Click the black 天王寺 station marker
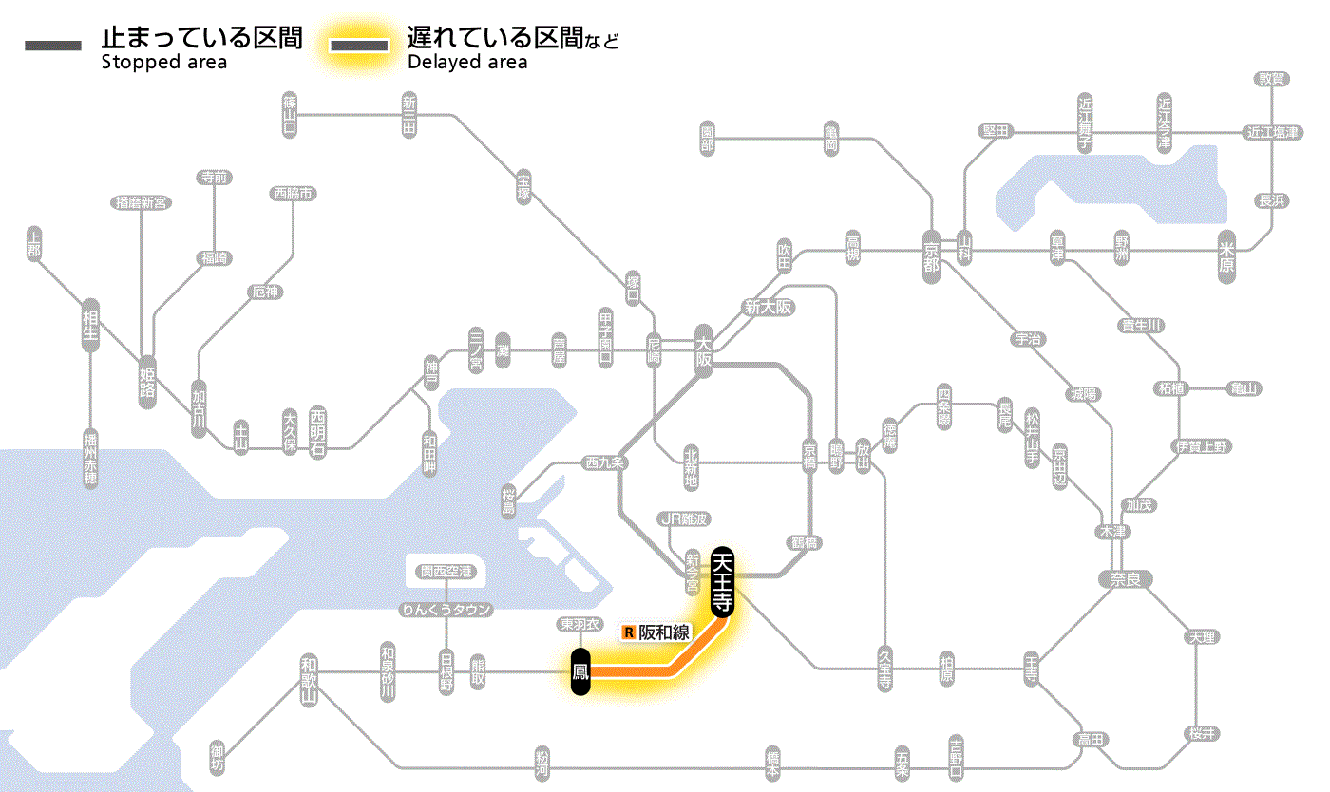pyautogui.click(x=722, y=582)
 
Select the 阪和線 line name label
pyautogui.click(x=663, y=632)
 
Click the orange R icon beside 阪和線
pyautogui.click(x=628, y=632)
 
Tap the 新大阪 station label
pyautogui.click(x=768, y=307)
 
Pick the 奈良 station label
pyautogui.click(x=1125, y=577)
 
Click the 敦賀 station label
pyautogui.click(x=1272, y=79)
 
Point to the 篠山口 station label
pyautogui.click(x=290, y=114)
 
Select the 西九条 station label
pyautogui.click(x=605, y=463)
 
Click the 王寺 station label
pyautogui.click(x=1033, y=668)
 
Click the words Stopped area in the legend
pyautogui.click(x=164, y=63)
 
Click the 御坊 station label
pyautogui.click(x=218, y=757)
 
